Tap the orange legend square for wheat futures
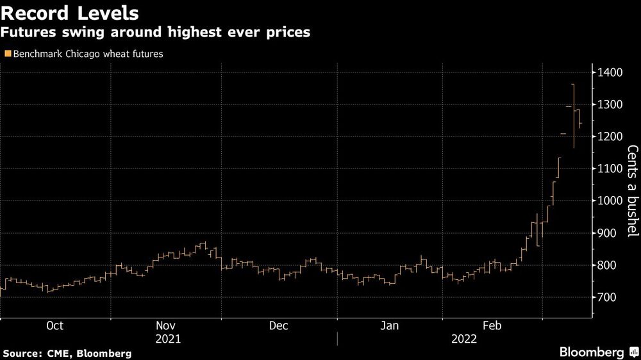(x=7, y=54)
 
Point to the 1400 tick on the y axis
(x=610, y=72)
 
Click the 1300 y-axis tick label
(x=610, y=104)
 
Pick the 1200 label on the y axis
(x=610, y=136)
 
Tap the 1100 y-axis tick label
(x=610, y=168)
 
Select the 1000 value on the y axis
(x=610, y=200)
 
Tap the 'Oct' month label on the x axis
(x=54, y=326)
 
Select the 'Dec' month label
(x=278, y=326)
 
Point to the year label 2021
(x=168, y=340)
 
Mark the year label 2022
(x=463, y=340)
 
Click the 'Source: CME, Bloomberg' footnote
(x=67, y=353)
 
